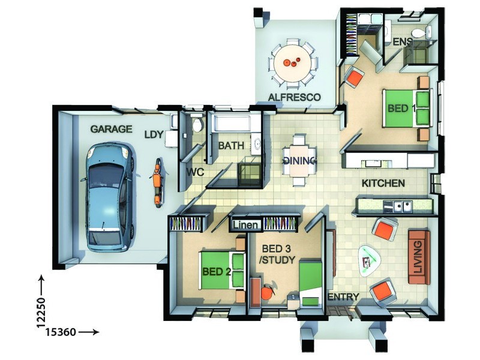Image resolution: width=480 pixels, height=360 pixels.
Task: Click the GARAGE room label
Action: click(x=111, y=129)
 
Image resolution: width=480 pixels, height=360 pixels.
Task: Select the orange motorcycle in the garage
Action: click(x=157, y=182)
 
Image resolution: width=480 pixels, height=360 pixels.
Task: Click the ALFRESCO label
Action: click(x=294, y=97)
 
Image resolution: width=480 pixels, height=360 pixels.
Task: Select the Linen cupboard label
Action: click(x=245, y=225)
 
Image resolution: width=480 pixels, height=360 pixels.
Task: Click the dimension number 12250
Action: click(x=41, y=312)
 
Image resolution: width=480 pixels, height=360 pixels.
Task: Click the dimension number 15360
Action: click(x=61, y=332)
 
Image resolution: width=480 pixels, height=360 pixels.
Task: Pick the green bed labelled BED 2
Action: click(x=223, y=271)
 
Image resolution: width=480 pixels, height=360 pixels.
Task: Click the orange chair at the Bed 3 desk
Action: click(x=267, y=292)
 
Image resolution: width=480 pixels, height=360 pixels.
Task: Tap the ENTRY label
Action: click(x=343, y=296)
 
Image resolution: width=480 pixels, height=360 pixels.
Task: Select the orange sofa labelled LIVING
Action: click(x=418, y=257)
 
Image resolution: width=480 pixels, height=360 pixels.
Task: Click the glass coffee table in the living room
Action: click(x=370, y=260)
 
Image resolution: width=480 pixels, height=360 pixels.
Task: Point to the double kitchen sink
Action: click(x=402, y=206)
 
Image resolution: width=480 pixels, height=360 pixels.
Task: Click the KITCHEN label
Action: click(x=383, y=184)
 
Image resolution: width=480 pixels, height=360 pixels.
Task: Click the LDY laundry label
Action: click(x=154, y=134)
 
